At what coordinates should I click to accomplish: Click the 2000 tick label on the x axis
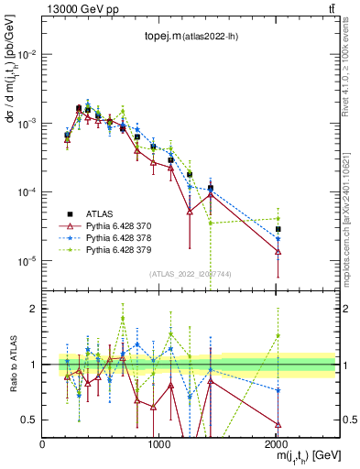[276, 443]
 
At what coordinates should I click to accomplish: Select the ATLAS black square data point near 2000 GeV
[278, 229]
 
